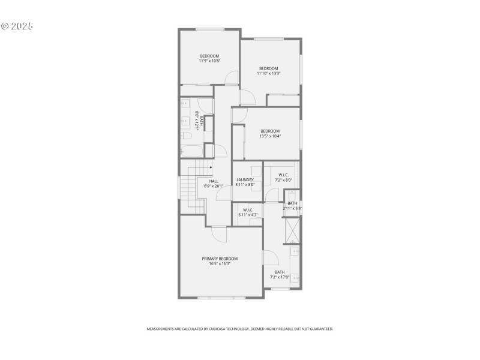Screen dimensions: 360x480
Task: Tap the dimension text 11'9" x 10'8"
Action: click(209, 61)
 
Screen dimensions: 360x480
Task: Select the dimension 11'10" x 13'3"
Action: click(268, 73)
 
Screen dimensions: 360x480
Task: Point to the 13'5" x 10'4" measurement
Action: click(270, 136)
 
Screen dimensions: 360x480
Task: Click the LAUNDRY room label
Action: click(245, 180)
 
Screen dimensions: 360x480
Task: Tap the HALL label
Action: click(214, 181)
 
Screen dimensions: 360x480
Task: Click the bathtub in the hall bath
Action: click(192, 151)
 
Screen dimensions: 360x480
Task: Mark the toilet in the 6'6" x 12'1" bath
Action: click(185, 136)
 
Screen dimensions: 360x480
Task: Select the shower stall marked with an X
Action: click(292, 229)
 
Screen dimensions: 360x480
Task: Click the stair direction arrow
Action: click(210, 168)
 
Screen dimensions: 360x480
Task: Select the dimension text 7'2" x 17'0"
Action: click(280, 277)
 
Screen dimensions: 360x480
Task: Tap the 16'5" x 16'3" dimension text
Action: click(220, 263)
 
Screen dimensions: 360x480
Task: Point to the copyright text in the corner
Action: click(16, 26)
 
